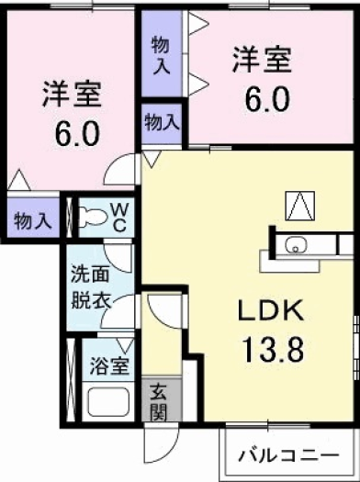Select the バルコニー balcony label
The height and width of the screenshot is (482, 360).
click(285, 454)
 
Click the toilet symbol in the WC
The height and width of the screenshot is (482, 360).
click(92, 217)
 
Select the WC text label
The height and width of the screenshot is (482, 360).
click(120, 217)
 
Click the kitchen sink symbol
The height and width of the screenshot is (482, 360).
click(296, 244)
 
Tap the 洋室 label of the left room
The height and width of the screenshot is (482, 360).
click(70, 94)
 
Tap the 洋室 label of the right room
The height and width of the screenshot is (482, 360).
click(261, 61)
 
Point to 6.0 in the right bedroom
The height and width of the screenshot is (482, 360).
click(261, 97)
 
